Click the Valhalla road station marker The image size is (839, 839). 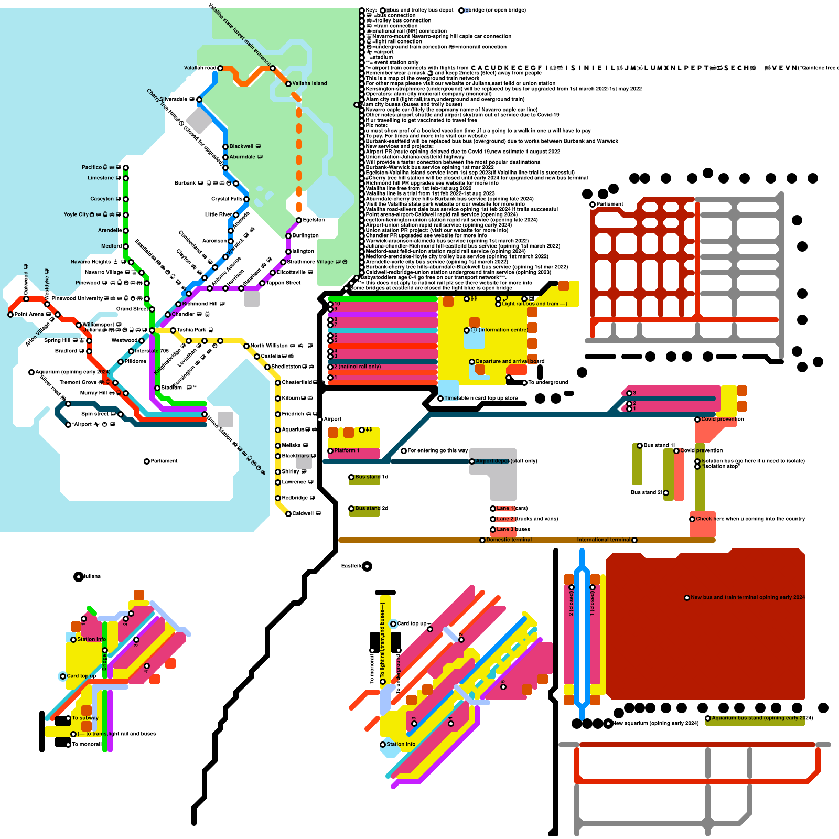[x=220, y=68]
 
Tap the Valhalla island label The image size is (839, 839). [x=309, y=83]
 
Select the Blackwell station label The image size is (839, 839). [x=241, y=146]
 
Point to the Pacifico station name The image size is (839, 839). [x=92, y=167]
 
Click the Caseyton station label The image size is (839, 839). [x=102, y=199]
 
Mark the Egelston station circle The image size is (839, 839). [x=299, y=220]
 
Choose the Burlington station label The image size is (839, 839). [x=305, y=235]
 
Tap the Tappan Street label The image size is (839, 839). [x=283, y=283]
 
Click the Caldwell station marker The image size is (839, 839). [x=288, y=514]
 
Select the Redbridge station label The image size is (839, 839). [x=295, y=498]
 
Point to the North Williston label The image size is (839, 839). [x=269, y=346]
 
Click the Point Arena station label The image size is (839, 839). [x=29, y=314]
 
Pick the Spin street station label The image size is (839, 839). [x=95, y=414]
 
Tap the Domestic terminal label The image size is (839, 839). [x=509, y=540]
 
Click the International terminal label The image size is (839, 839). [x=604, y=540]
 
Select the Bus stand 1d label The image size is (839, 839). [x=371, y=477]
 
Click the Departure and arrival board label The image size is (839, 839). [x=510, y=361]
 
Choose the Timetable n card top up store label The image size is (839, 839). [x=480, y=398]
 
